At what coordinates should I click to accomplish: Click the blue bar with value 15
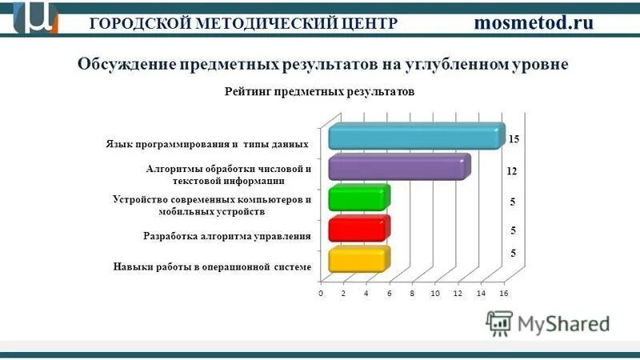[416, 138]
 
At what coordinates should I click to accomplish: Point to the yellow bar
[358, 260]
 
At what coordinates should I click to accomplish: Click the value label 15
[514, 139]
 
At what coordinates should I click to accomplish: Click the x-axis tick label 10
[434, 294]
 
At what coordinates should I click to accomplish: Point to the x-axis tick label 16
[503, 294]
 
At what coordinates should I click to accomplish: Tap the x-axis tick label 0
[320, 294]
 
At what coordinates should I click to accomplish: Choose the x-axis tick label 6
[389, 294]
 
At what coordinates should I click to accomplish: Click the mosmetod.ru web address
[534, 22]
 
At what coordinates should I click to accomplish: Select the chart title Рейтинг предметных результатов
[319, 92]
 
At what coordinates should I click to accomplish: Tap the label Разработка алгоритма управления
[226, 236]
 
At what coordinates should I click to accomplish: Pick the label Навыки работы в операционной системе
[211, 266]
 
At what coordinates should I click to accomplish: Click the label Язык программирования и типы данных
[207, 145]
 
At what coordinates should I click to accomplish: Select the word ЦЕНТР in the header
[370, 23]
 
